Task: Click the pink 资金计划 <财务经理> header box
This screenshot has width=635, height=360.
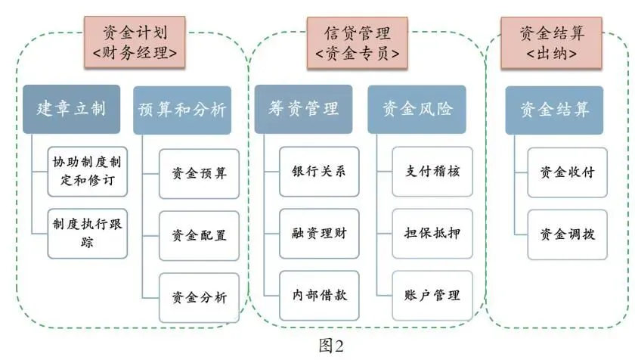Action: point(144,41)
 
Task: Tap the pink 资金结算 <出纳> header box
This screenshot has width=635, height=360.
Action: point(552,41)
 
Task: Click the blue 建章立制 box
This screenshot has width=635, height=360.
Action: point(72,109)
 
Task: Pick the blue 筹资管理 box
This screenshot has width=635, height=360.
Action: point(303,109)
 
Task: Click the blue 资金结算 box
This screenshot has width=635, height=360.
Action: point(554,109)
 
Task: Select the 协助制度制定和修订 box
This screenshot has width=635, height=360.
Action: point(85,171)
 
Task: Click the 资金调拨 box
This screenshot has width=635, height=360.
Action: point(568,234)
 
